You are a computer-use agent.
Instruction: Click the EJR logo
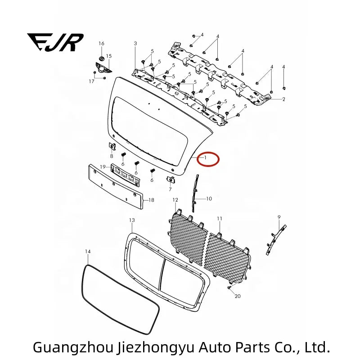(55, 42)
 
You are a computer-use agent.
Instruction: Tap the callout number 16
(102, 43)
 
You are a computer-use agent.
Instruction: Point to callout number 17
(92, 81)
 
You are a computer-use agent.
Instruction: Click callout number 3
(135, 43)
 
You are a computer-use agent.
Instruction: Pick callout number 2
(284, 99)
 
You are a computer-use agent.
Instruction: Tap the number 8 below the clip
(112, 156)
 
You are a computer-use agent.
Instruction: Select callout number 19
(103, 166)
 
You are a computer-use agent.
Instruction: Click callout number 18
(151, 200)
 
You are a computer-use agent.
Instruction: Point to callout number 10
(209, 198)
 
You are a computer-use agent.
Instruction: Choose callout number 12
(175, 200)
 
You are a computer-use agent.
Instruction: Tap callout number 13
(132, 220)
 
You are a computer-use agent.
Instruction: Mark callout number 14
(88, 252)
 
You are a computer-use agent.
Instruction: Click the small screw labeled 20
(229, 288)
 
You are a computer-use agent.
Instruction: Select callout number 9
(279, 217)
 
